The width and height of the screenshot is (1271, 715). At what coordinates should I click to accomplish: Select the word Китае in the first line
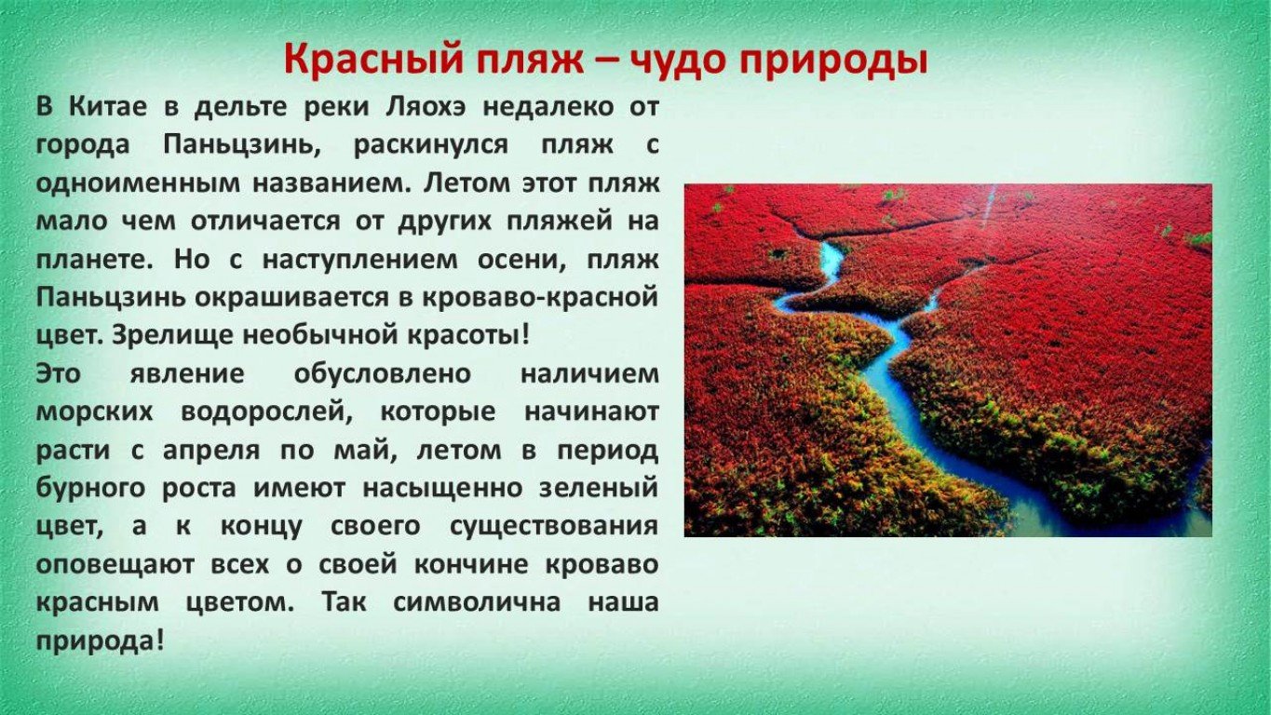pyautogui.click(x=108, y=107)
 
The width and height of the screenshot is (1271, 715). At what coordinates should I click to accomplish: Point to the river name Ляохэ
pyautogui.click(x=426, y=107)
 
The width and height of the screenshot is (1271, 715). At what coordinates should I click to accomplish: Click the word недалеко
pyautogui.click(x=548, y=108)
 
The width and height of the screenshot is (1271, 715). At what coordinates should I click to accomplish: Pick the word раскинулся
pyautogui.click(x=431, y=146)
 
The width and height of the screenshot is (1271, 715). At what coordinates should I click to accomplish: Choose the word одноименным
pyautogui.click(x=137, y=183)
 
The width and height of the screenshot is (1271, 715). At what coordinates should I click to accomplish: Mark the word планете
pyautogui.click(x=95, y=260)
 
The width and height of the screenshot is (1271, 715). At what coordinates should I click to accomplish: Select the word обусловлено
pyautogui.click(x=383, y=374)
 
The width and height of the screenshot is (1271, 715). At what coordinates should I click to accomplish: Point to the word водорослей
pyautogui.click(x=266, y=412)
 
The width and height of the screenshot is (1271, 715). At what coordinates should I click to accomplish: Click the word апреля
pyautogui.click(x=211, y=452)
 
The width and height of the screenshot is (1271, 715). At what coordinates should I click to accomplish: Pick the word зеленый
pyautogui.click(x=599, y=489)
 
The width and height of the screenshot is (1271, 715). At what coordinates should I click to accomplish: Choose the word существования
pyautogui.click(x=554, y=528)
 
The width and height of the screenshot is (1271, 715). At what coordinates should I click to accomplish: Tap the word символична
pyautogui.click(x=477, y=602)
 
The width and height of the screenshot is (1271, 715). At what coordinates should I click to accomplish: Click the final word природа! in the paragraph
pyautogui.click(x=101, y=641)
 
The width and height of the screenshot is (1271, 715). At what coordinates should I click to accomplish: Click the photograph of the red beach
pyautogui.click(x=948, y=359)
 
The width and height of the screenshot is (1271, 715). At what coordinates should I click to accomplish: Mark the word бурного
pyautogui.click(x=91, y=489)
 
